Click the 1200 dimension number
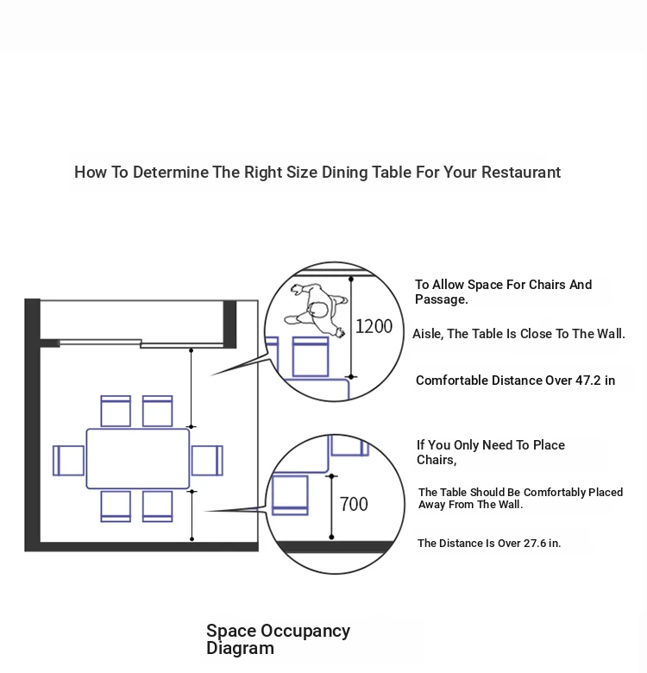pyautogui.click(x=374, y=327)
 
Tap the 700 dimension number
pyautogui.click(x=354, y=505)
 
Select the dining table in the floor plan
pyautogui.click(x=138, y=458)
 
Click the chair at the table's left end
pyautogui.click(x=68, y=461)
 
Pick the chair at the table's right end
pyautogui.click(x=207, y=461)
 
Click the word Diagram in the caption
pyautogui.click(x=240, y=648)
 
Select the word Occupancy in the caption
pyautogui.click(x=305, y=632)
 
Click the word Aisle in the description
pyautogui.click(x=427, y=334)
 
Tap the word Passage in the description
pyautogui.click(x=441, y=299)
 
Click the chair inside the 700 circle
pyautogui.click(x=291, y=495)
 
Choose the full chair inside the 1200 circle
pyautogui.click(x=311, y=356)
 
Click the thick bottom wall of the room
pyautogui.click(x=141, y=546)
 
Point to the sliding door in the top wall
pyautogui.click(x=141, y=343)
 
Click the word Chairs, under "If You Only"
pyautogui.click(x=437, y=460)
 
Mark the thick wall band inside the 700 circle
pyautogui.click(x=335, y=547)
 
